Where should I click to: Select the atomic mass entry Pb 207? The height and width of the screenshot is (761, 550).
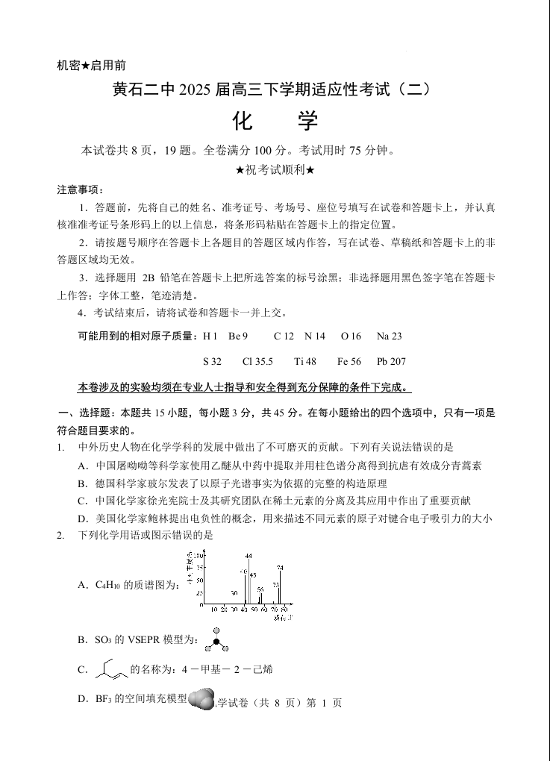391,362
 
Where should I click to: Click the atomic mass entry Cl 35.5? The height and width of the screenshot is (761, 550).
257,362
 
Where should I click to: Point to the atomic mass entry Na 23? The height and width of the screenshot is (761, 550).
389,336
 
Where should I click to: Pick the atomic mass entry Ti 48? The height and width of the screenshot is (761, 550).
305,362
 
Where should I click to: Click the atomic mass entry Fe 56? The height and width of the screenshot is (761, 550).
349,362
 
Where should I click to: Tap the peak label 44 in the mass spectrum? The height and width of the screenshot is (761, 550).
249,556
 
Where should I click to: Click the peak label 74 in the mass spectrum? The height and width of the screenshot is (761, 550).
280,569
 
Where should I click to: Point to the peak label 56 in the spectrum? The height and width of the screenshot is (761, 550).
260,589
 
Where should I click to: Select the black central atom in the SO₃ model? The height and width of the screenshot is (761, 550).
216,641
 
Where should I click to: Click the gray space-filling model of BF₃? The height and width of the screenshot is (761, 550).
201,700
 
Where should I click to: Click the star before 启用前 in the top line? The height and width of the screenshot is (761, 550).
86,66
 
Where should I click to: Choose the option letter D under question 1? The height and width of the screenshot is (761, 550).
82,519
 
